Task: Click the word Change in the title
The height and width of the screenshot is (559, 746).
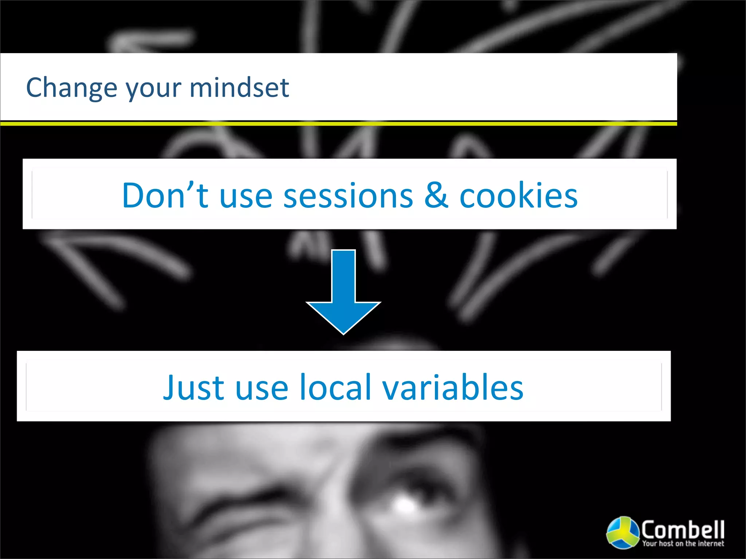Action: tap(72, 88)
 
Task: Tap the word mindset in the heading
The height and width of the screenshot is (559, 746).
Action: tap(239, 88)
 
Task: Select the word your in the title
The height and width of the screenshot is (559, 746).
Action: tap(153, 89)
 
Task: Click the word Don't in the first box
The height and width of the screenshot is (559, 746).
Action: tap(165, 195)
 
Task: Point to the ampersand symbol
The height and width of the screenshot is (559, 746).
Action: tap(436, 195)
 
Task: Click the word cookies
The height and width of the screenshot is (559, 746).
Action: tap(518, 195)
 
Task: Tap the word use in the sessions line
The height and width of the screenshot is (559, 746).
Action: tap(246, 197)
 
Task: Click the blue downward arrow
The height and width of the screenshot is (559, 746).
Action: tap(343, 288)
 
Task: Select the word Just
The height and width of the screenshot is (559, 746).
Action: tap(193, 388)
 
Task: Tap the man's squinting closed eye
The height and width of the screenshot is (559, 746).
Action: tap(251, 510)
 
